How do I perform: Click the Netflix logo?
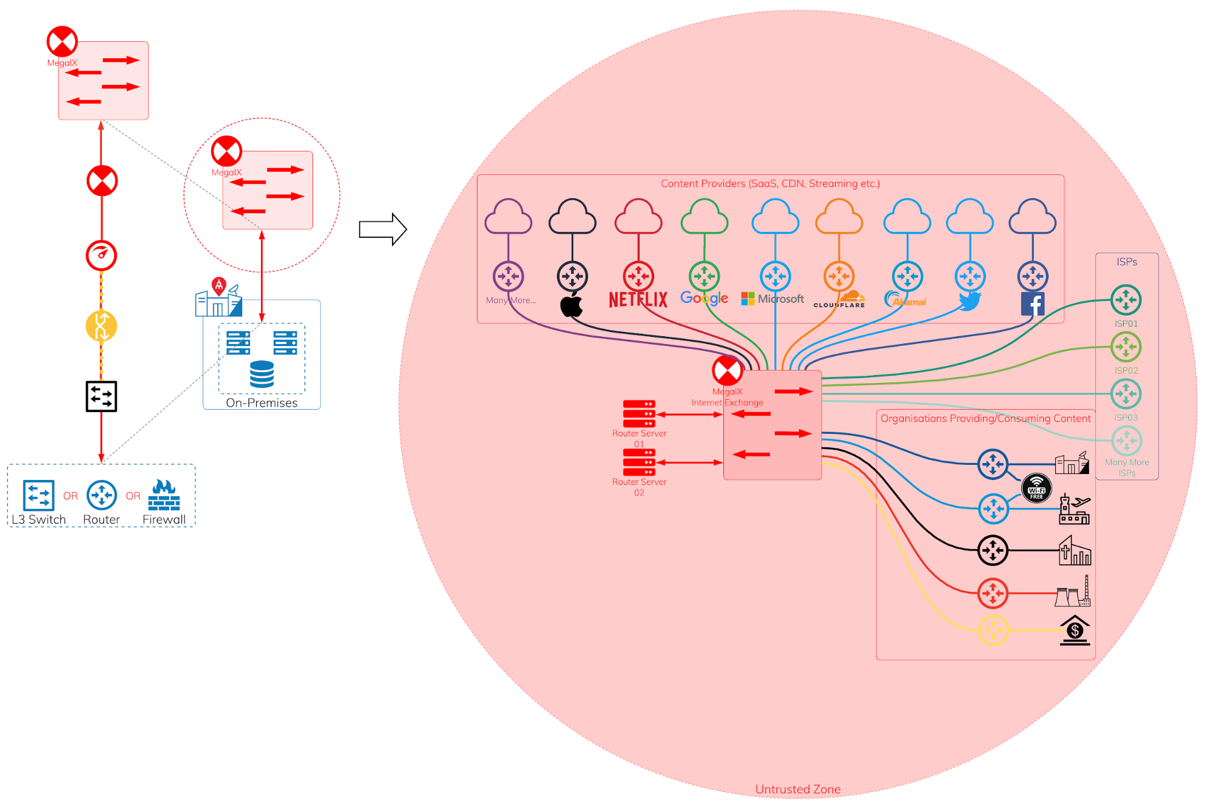[x=638, y=299]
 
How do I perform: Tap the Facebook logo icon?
[x=1032, y=303]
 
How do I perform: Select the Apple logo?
[x=571, y=305]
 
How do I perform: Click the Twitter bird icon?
[x=970, y=300]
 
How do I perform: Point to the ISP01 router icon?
[x=1126, y=300]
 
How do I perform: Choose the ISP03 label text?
[x=1126, y=418]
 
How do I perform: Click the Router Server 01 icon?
[x=639, y=414]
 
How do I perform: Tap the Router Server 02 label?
[x=639, y=487]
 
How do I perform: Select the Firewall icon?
[x=164, y=495]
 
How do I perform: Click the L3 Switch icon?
[x=39, y=495]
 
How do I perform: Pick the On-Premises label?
[x=262, y=403]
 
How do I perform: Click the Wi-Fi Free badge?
[x=1036, y=489]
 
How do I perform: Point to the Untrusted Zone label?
[x=797, y=789]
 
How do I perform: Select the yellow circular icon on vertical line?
[x=101, y=326]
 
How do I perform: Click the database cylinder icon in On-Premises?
[x=262, y=374]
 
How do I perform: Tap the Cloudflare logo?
[x=840, y=300]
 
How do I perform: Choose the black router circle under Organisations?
[x=993, y=550]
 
